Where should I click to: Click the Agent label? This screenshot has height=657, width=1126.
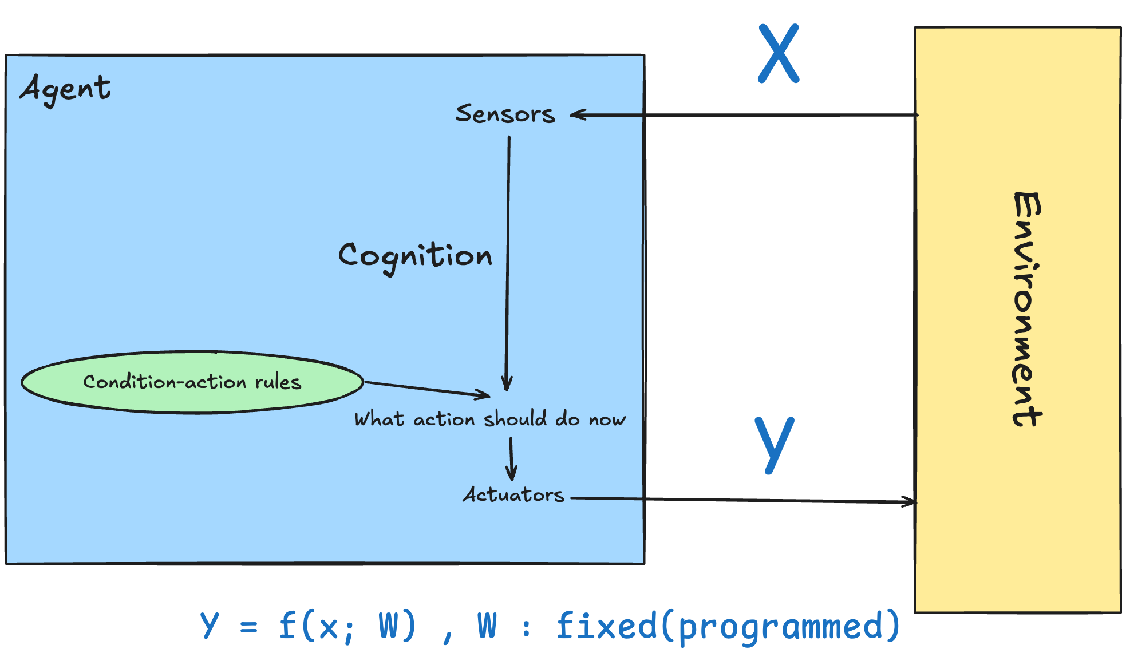65,89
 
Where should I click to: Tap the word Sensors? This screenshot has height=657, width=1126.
505,114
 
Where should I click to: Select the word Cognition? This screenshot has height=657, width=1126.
415,256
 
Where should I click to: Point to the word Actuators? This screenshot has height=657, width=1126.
513,494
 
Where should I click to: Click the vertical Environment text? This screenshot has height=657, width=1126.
1027,309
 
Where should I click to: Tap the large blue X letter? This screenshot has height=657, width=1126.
779,54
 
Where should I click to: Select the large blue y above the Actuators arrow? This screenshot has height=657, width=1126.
774,443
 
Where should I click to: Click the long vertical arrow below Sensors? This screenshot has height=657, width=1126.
508,258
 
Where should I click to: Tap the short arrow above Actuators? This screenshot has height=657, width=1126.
511,458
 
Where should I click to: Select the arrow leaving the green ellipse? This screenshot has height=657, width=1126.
426,389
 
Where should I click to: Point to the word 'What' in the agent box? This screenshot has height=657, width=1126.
379,419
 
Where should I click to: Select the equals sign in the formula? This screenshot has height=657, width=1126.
248,627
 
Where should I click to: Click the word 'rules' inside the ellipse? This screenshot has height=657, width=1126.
278,382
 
